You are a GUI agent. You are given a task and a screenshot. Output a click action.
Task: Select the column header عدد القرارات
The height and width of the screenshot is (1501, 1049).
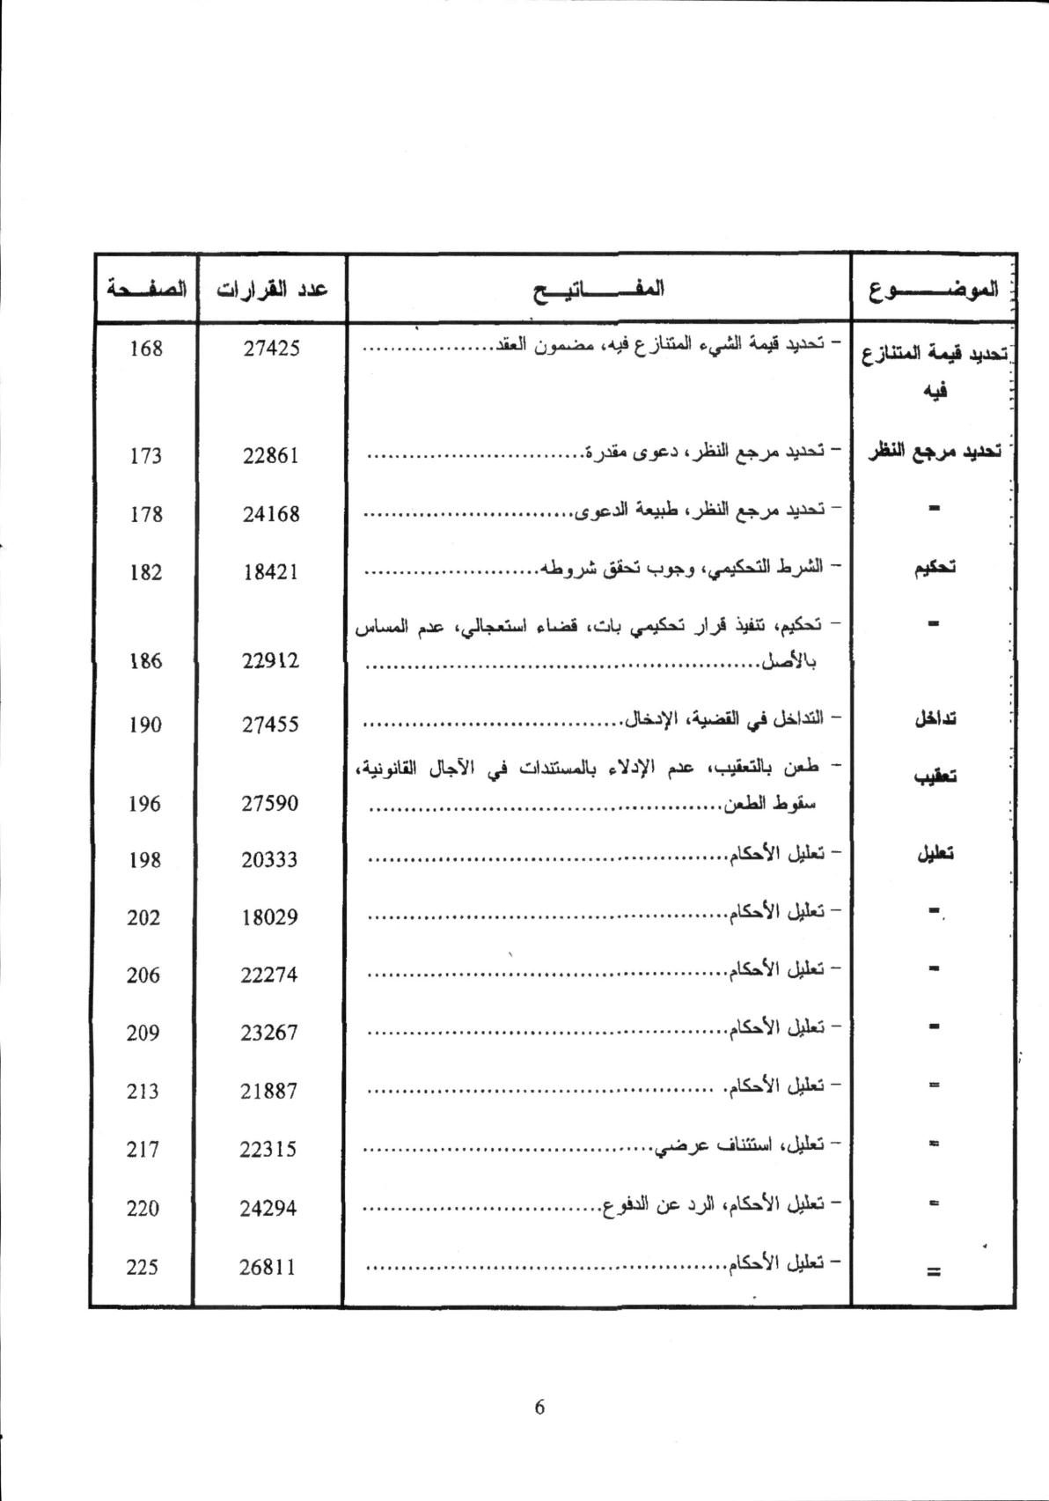(273, 288)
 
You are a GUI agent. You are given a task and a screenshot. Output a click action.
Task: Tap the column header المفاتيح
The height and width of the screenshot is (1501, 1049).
(598, 288)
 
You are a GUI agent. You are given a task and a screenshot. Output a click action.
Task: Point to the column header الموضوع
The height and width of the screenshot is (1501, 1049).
(934, 288)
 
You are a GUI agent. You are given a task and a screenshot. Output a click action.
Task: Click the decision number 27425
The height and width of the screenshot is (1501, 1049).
(271, 348)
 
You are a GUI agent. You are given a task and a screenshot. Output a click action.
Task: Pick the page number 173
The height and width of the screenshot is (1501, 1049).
(145, 455)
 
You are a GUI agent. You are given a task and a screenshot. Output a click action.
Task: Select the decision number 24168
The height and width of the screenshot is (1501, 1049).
(271, 513)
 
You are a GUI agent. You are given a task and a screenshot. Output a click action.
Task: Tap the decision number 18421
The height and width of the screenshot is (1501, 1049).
(271, 571)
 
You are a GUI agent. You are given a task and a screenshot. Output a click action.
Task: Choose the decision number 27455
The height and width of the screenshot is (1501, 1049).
(271, 724)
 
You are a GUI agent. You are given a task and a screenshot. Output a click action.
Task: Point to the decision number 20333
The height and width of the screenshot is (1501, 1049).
(270, 859)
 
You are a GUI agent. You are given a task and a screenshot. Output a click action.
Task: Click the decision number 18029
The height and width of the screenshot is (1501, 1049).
(270, 916)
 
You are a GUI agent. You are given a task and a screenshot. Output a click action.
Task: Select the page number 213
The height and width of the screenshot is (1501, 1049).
(143, 1091)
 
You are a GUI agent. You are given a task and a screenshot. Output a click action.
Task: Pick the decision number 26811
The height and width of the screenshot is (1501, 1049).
(268, 1267)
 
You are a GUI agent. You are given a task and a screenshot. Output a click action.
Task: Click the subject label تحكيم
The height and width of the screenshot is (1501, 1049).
(935, 567)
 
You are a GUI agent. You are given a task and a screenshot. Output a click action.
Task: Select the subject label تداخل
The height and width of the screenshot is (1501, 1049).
(935, 717)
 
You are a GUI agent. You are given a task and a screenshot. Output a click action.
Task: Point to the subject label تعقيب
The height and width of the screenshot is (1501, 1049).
(935, 776)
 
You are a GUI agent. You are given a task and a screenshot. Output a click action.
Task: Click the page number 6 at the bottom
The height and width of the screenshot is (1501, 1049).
(539, 1406)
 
